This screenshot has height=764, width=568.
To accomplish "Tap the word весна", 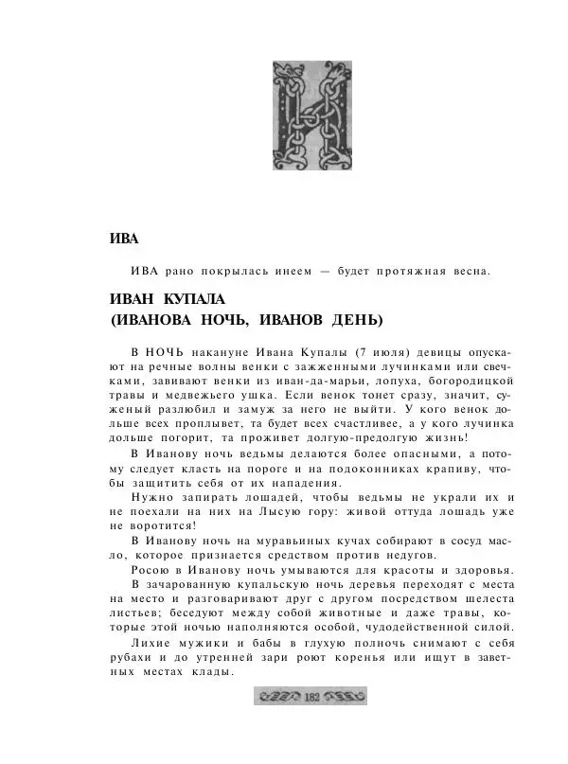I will point(463,272).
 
